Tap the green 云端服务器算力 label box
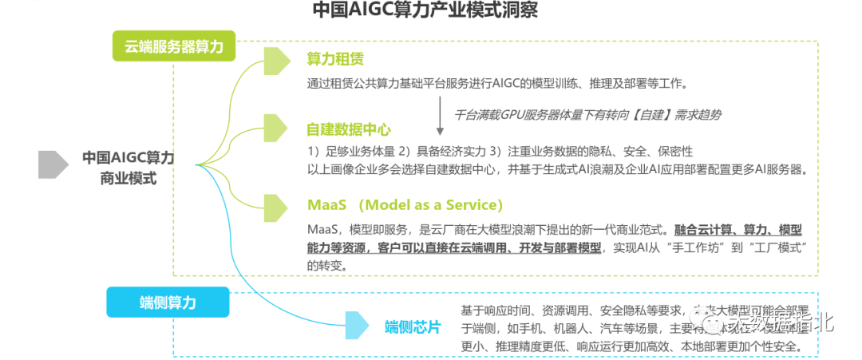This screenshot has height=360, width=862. coord(174,46)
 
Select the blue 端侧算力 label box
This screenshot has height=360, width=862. coord(168,303)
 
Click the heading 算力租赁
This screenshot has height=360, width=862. coord(336,60)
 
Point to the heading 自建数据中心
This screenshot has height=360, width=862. coord(349,129)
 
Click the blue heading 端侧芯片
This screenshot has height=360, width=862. coord(412,327)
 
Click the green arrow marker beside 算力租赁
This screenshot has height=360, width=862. coord(277,61)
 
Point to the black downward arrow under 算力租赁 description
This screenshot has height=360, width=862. coord(440,115)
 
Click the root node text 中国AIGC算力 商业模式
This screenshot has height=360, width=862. coord(128,168)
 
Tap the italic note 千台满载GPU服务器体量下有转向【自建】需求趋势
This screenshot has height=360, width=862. coord(587,114)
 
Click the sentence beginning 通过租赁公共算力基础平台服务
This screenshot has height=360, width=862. coord(496,83)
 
